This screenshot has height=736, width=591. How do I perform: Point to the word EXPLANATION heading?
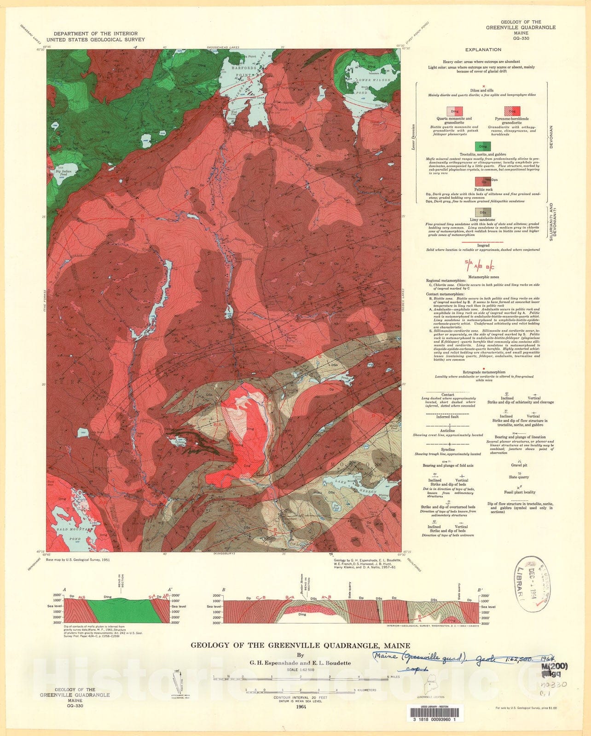[483, 50]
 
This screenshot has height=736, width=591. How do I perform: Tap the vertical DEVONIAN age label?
[550, 137]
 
